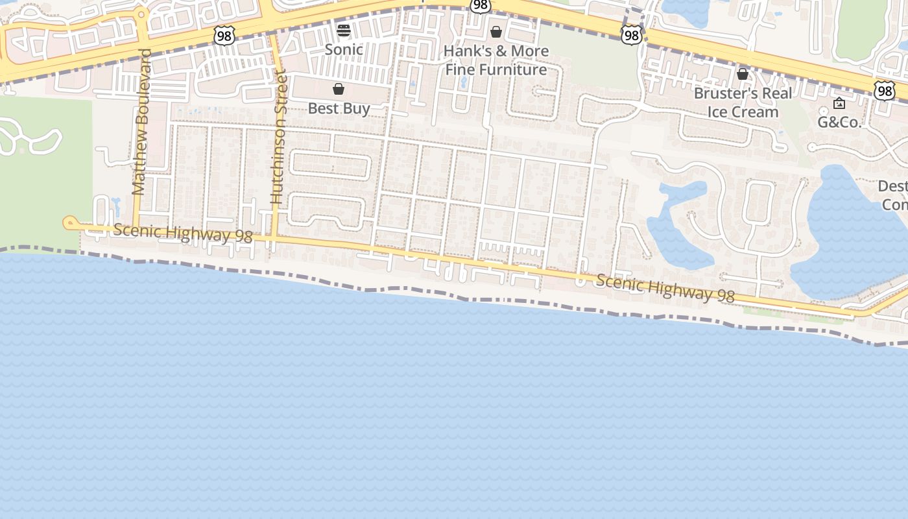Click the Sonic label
(x=344, y=49)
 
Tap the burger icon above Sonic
(x=344, y=30)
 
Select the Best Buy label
(x=339, y=108)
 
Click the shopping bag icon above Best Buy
(x=339, y=89)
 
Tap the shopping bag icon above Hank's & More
(x=496, y=32)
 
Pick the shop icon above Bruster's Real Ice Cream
(x=743, y=74)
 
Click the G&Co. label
(x=839, y=122)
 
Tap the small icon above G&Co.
(x=839, y=103)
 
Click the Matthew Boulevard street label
(x=141, y=122)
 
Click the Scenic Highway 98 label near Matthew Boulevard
(x=183, y=234)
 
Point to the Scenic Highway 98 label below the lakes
(x=665, y=288)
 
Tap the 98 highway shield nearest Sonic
(x=224, y=36)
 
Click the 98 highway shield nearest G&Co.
(x=884, y=91)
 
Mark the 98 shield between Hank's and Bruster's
(x=631, y=35)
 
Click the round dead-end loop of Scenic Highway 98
(x=69, y=223)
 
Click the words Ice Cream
(x=743, y=112)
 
